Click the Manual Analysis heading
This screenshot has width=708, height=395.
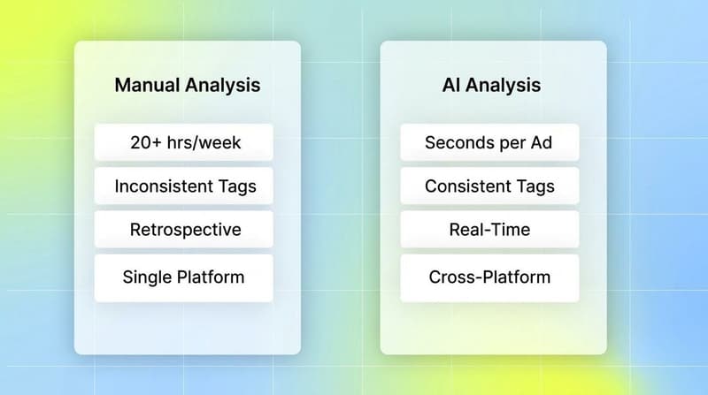tap(188, 86)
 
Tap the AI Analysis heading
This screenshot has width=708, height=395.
tap(491, 86)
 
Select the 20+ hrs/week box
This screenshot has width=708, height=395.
tap(183, 142)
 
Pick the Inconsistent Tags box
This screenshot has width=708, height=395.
tap(183, 186)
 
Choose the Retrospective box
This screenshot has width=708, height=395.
tap(183, 230)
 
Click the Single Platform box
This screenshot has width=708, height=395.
tap(183, 277)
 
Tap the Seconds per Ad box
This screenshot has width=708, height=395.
tap(489, 142)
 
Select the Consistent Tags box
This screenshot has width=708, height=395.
tap(489, 186)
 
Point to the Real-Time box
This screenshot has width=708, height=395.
tap(489, 230)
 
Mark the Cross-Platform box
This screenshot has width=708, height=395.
tap(489, 277)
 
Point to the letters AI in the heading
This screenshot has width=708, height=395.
tap(451, 86)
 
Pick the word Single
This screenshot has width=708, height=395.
tap(146, 277)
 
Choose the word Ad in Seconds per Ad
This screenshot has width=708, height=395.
tap(542, 142)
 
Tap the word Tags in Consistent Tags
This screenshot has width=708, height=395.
tap(535, 186)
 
